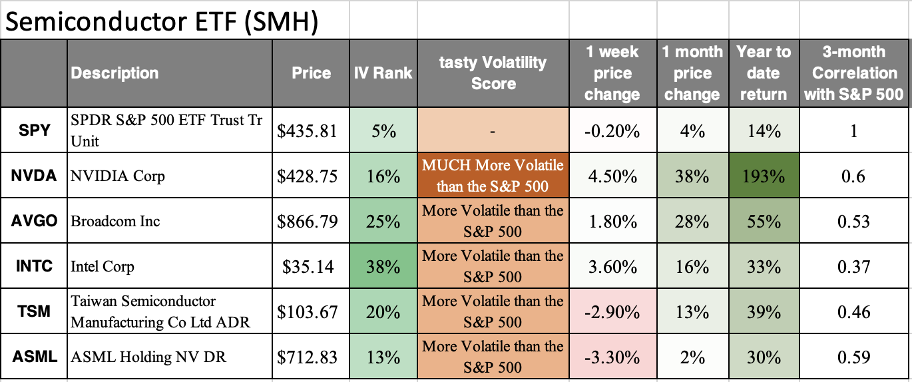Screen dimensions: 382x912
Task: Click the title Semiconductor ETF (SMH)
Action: point(162,21)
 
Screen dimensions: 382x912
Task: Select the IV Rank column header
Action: point(383,73)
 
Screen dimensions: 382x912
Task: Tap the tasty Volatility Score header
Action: point(493,73)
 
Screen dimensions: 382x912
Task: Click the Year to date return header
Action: point(764,73)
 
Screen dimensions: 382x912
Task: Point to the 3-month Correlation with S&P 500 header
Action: point(854,73)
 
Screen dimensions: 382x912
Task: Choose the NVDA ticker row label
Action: point(34,176)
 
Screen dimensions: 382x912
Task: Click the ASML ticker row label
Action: point(34,357)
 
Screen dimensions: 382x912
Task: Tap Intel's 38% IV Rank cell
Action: point(383,266)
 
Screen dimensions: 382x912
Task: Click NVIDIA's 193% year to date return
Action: point(764,176)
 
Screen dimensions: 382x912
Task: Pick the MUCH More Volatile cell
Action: point(493,176)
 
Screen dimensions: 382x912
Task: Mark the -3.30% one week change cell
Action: point(612,357)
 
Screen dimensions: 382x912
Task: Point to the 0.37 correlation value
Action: point(854,266)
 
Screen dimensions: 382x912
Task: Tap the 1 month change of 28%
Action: point(692,221)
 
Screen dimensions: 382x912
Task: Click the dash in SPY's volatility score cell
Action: point(493,131)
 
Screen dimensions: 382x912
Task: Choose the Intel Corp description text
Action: point(103,267)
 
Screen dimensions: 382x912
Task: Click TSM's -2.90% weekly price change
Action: point(612,311)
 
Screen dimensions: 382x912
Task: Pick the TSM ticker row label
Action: point(34,311)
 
